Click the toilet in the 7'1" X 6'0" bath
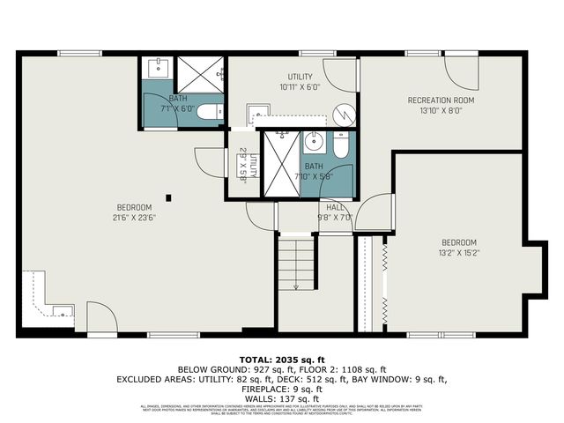(209, 112)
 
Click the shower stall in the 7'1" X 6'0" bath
(197, 74)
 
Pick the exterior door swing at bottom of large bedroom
(100, 318)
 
